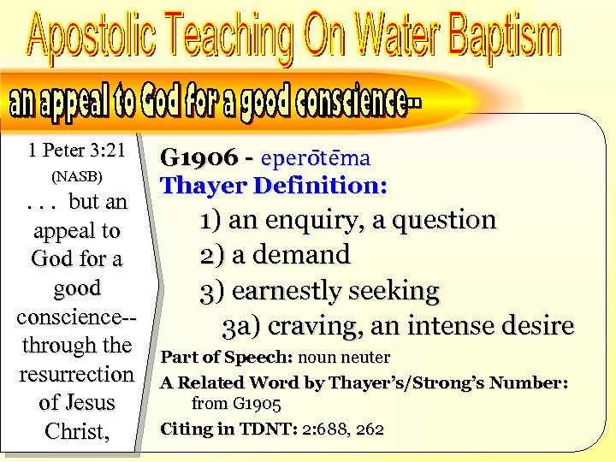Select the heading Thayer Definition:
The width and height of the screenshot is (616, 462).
274,185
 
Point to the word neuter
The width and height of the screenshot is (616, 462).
363,357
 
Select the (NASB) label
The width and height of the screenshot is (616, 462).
77,177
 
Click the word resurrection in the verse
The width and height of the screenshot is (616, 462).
77,375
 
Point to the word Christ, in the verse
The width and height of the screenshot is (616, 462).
76,432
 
